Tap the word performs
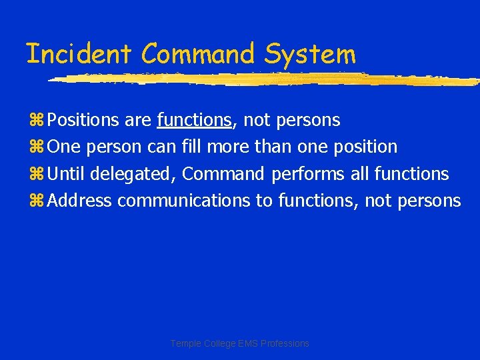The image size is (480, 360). point(309,174)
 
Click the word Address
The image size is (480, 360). point(80,200)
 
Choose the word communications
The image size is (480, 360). point(184,200)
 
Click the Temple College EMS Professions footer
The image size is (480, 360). point(240,343)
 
